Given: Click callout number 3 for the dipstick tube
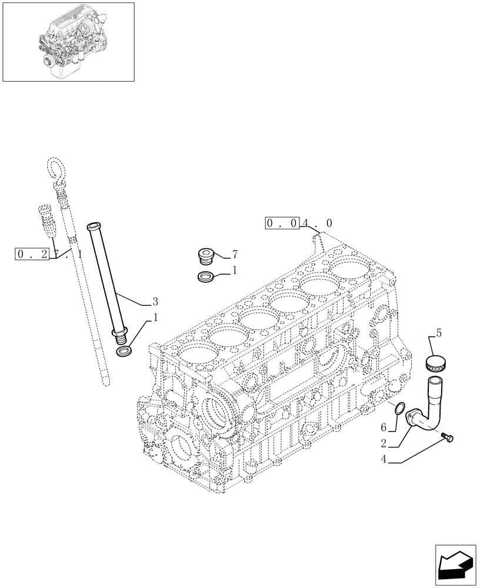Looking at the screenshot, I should click(x=155, y=302).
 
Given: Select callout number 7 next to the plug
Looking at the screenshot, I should click(x=235, y=255).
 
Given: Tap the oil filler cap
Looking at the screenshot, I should click(x=436, y=363).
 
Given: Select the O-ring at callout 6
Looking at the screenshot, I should click(x=399, y=408).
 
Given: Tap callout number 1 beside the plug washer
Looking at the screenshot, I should click(x=235, y=271).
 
